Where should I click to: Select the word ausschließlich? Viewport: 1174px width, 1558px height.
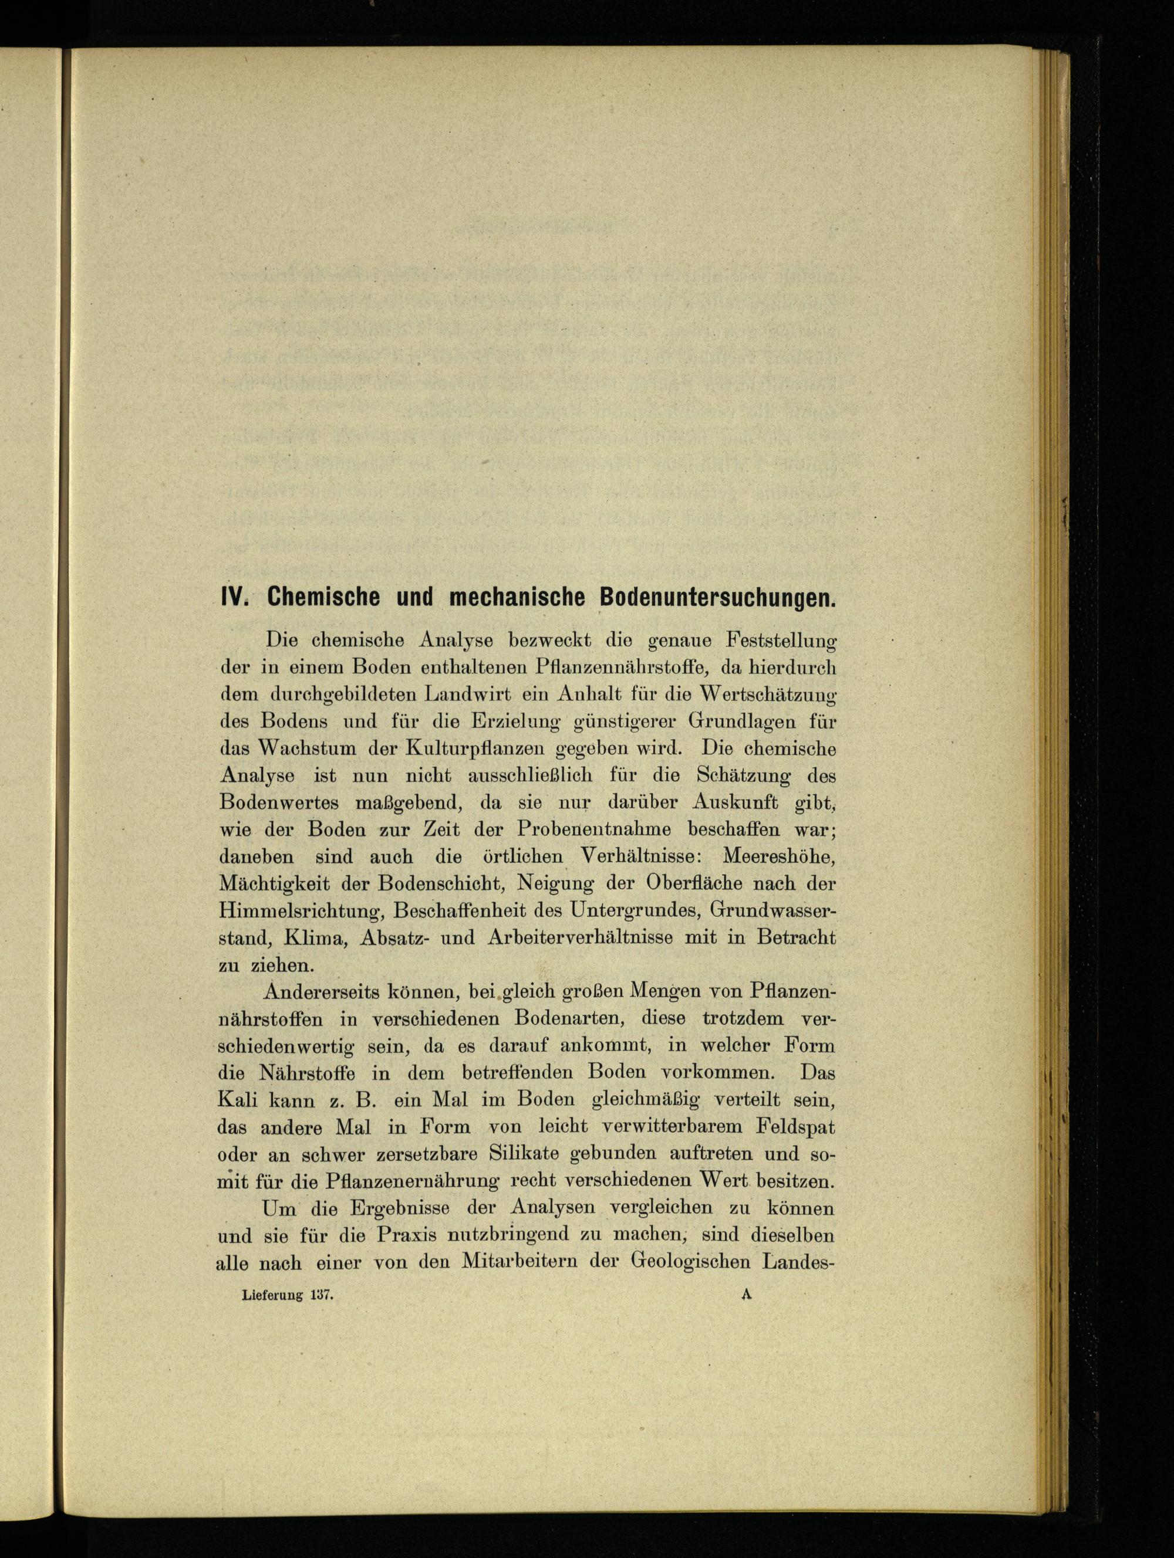pyautogui.click(x=531, y=775)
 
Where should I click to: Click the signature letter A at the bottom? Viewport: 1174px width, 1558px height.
pyautogui.click(x=748, y=1294)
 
